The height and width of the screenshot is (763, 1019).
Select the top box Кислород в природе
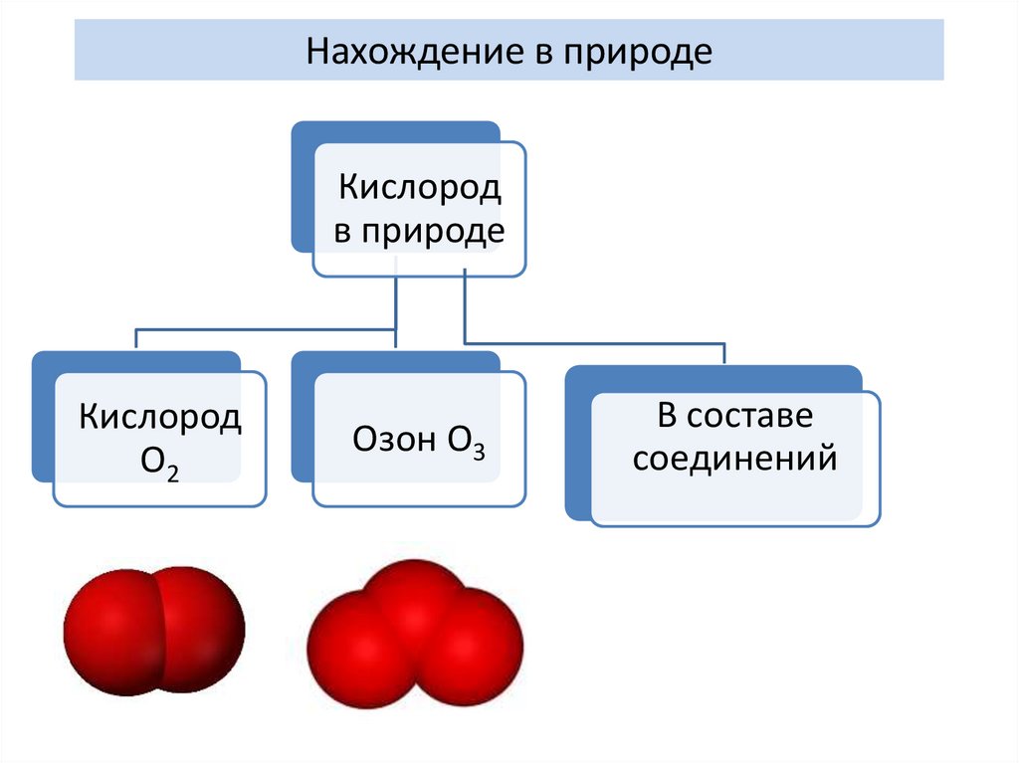tap(418, 209)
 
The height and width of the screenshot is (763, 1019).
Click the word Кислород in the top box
tap(419, 188)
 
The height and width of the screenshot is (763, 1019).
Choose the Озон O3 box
tap(419, 440)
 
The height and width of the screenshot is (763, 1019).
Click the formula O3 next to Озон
tap(464, 442)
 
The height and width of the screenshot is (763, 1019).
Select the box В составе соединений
tap(734, 458)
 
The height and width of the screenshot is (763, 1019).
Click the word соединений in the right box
tap(734, 459)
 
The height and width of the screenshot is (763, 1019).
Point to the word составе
tap(757, 415)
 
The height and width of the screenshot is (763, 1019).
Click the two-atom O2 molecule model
tap(154, 630)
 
